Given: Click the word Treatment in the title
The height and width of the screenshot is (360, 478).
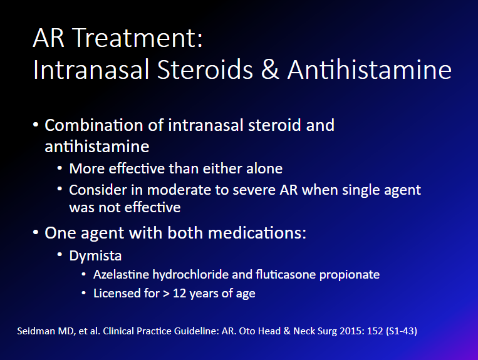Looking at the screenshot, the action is click(x=137, y=38).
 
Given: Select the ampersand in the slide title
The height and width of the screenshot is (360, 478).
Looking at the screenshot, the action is click(x=270, y=69).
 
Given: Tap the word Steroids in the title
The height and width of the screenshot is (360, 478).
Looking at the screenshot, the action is click(x=205, y=69).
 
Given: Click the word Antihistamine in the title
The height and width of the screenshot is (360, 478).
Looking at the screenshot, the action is click(x=370, y=69).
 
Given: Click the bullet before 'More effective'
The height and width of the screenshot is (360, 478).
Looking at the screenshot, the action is click(x=60, y=168).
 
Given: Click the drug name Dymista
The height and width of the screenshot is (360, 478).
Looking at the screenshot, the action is click(x=95, y=256).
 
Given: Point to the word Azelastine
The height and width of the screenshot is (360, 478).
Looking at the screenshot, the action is click(x=121, y=274).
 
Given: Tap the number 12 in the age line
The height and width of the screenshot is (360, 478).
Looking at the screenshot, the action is click(x=179, y=293).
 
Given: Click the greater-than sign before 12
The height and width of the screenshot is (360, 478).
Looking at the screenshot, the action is click(x=166, y=294).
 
